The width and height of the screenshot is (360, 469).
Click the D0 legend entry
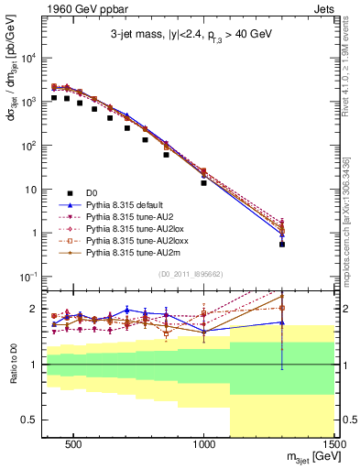tap(93, 192)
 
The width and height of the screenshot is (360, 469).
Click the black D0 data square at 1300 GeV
tap(282, 245)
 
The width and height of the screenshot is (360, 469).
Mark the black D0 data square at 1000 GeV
tap(204, 183)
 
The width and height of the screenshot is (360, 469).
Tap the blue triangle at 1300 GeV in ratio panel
tap(282, 322)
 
